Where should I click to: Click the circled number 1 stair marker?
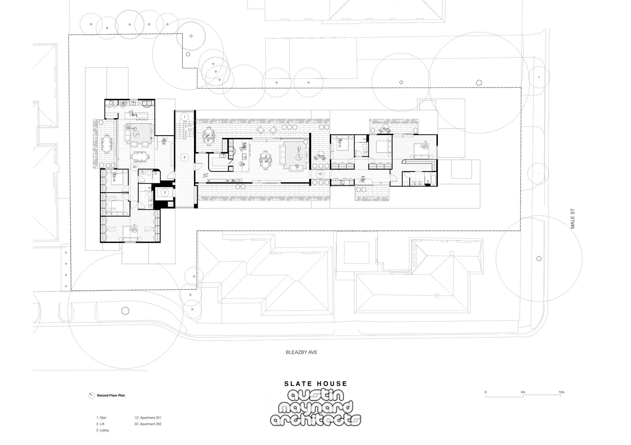pyautogui.click(x=185, y=117)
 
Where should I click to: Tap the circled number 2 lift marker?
pyautogui.click(x=165, y=192)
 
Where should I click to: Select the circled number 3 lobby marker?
pyautogui.click(x=185, y=157)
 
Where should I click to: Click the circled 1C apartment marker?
pyautogui.click(x=320, y=174)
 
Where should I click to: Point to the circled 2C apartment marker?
pyautogui.click(x=135, y=167)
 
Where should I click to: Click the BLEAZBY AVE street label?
pyautogui.click(x=301, y=352)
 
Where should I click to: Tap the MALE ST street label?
pyautogui.click(x=573, y=219)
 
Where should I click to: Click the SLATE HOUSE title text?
pyautogui.click(x=315, y=384)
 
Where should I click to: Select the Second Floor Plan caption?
pyautogui.click(x=111, y=395)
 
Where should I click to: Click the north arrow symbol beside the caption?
pyautogui.click(x=91, y=395)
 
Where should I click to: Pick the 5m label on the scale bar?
pyautogui.click(x=523, y=392)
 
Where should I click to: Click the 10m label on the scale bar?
pyautogui.click(x=561, y=392)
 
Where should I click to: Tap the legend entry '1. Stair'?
pyautogui.click(x=101, y=418)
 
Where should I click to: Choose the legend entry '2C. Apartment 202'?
pyautogui.click(x=148, y=424)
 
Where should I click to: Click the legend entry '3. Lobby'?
pyautogui.click(x=103, y=430)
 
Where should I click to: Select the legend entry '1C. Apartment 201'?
pyautogui.click(x=148, y=418)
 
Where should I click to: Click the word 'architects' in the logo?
pyautogui.click(x=315, y=420)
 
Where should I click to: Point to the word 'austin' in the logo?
pyautogui.click(x=315, y=397)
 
